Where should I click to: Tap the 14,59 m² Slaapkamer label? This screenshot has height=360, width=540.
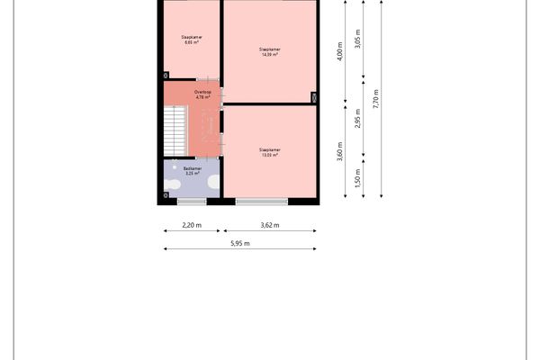[268, 51]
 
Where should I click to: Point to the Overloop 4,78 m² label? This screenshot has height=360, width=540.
[202, 94]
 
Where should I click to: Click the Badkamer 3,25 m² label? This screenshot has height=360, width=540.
[191, 170]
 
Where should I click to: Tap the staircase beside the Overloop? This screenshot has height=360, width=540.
[174, 130]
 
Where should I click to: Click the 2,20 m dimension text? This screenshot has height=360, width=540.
[191, 225]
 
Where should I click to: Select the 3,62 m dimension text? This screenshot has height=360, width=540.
[269, 225]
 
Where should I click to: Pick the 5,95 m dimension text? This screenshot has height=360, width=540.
[239, 243]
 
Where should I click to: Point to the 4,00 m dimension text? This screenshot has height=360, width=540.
[340, 53]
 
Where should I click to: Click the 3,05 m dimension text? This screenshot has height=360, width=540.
[358, 40]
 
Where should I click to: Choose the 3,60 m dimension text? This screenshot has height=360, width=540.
[340, 149]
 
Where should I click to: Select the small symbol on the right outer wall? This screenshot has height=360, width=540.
[314, 97]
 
